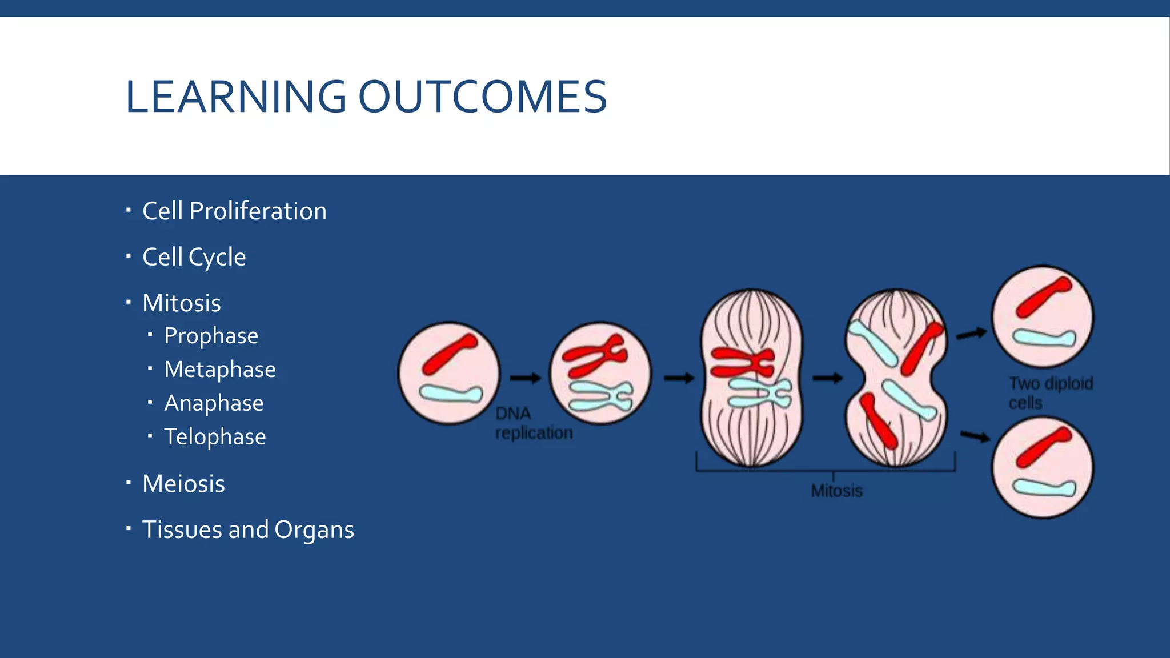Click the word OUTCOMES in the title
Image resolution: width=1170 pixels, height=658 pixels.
(483, 97)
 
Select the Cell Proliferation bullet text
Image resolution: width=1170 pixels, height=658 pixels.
(234, 211)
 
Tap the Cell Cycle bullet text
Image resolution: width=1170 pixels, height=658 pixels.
(194, 257)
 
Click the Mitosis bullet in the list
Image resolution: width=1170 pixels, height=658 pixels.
(181, 303)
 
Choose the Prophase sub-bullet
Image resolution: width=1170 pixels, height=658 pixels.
(211, 336)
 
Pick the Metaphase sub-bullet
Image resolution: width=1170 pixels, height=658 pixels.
(219, 370)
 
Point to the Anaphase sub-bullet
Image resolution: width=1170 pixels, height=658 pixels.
(214, 403)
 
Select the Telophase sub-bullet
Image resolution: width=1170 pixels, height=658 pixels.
(215, 437)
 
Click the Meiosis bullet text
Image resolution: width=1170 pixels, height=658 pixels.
(183, 484)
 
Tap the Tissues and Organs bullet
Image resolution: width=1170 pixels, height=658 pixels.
(248, 530)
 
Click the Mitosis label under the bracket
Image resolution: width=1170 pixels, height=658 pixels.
(836, 491)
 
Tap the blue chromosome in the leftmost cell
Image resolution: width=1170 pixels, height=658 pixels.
(451, 394)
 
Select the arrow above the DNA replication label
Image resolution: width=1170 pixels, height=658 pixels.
(525, 378)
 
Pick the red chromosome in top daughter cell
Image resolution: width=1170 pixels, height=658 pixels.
(1043, 296)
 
